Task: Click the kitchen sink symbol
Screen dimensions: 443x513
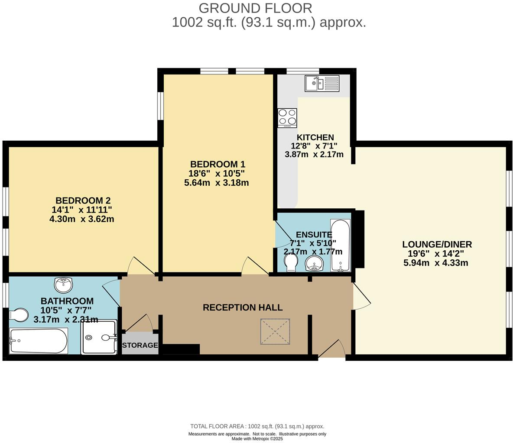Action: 322,83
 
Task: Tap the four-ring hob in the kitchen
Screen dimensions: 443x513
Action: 287,117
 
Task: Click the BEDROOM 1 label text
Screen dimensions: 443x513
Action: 218,164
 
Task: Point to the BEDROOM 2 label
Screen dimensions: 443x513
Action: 83,200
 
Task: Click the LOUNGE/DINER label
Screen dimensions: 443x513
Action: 437,244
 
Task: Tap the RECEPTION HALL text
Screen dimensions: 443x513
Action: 243,307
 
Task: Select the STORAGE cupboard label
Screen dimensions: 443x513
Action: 140,345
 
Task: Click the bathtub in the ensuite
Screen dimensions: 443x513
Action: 340,245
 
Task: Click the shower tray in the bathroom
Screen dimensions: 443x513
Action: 99,337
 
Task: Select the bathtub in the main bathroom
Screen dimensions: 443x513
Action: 38,341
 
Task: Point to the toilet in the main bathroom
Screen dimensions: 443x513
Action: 18,315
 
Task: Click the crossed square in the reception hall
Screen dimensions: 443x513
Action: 275,331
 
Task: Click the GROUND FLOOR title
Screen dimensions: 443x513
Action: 255,8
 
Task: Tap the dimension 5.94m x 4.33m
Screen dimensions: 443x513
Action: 435,262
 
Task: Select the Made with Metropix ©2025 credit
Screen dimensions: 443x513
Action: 257,439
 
